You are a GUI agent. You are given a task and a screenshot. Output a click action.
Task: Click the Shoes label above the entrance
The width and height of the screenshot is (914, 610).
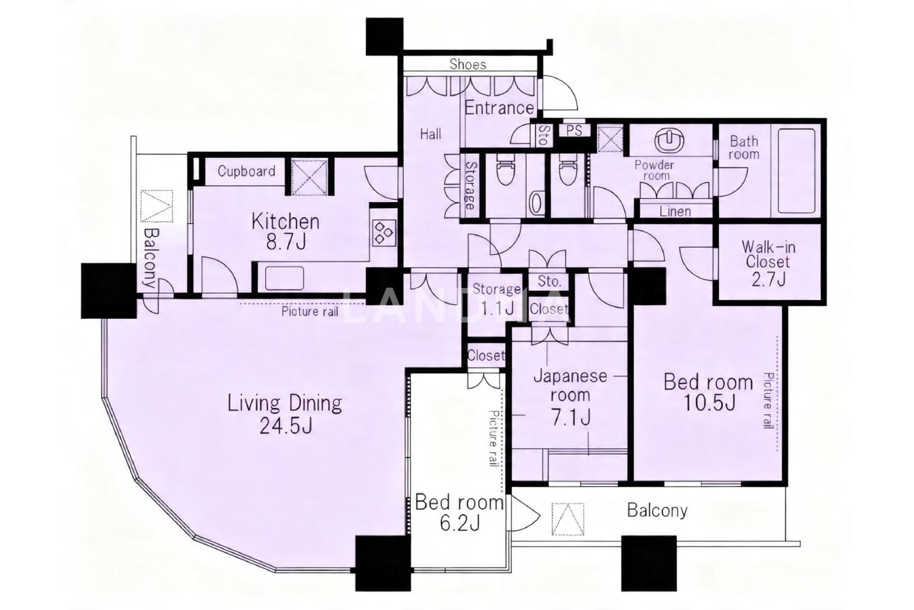[467, 64]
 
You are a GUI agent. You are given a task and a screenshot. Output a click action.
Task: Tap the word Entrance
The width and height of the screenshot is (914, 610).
[499, 108]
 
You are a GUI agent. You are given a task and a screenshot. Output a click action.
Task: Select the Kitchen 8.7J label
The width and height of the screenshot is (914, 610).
[285, 232]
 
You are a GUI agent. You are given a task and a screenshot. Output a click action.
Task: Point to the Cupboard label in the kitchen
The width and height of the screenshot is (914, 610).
[246, 171]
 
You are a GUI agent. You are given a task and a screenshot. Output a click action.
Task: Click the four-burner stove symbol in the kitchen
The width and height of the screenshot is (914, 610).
[384, 232]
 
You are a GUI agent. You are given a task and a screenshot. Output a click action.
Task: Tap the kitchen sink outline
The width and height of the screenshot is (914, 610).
[285, 279]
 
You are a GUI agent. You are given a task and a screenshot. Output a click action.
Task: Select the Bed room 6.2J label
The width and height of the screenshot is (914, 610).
[459, 513]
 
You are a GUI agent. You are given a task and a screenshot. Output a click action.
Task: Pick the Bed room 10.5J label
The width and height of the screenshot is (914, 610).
[708, 393]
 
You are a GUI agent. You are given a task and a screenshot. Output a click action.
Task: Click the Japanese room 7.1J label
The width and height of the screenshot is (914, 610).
[570, 397]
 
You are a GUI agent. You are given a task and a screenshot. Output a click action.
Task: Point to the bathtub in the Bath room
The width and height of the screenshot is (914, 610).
[797, 171]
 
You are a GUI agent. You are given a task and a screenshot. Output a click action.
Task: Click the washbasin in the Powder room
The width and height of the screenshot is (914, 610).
[668, 142]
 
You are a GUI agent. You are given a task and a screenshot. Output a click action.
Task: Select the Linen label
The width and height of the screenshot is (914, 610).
[675, 211]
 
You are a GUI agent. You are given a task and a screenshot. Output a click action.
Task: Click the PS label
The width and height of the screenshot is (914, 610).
[574, 131]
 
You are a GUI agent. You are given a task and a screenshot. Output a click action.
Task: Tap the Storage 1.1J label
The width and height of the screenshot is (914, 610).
[497, 299]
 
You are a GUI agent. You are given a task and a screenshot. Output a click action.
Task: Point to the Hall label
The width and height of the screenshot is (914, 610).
[430, 134]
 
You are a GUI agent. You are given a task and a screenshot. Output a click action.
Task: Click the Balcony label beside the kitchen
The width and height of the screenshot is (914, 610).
[151, 257]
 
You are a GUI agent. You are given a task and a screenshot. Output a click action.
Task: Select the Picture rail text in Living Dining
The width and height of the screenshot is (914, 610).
[310, 312]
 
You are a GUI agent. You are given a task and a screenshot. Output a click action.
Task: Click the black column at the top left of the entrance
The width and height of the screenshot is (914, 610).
[384, 37]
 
